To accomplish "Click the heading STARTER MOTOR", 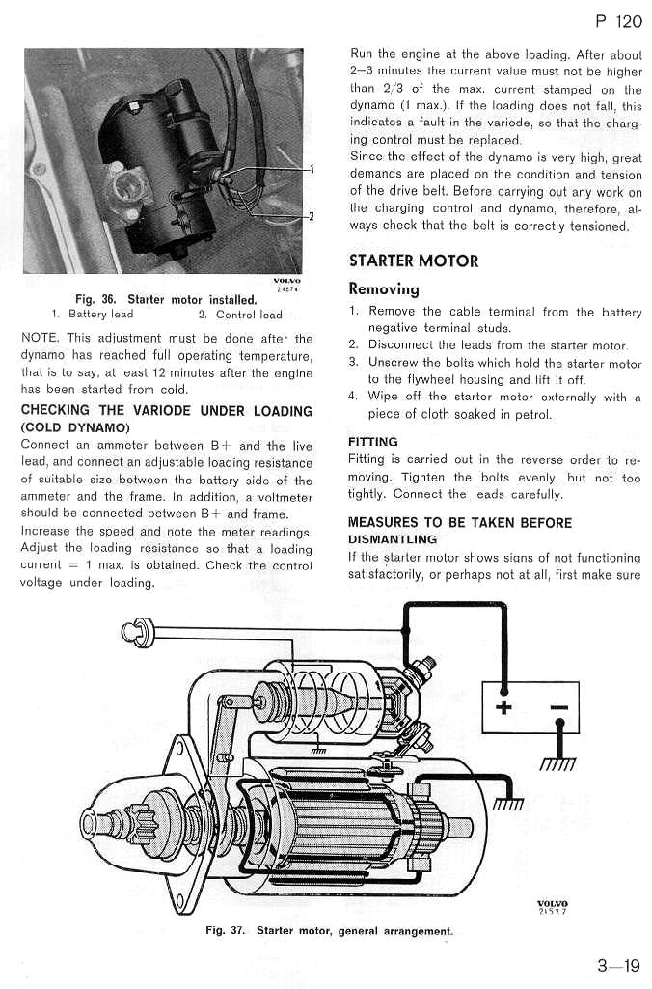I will point(413,261).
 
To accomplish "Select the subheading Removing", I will point(384,288).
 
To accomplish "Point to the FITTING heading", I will point(372,441).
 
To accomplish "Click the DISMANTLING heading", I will point(392,539).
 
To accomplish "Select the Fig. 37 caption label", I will point(228,930).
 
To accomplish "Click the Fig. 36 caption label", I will point(96,300).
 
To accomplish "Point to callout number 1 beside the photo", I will point(312,169).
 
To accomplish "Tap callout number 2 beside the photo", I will point(312,216).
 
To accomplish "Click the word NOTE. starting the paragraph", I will point(40,339).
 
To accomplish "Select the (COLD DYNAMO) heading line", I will point(75,426).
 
